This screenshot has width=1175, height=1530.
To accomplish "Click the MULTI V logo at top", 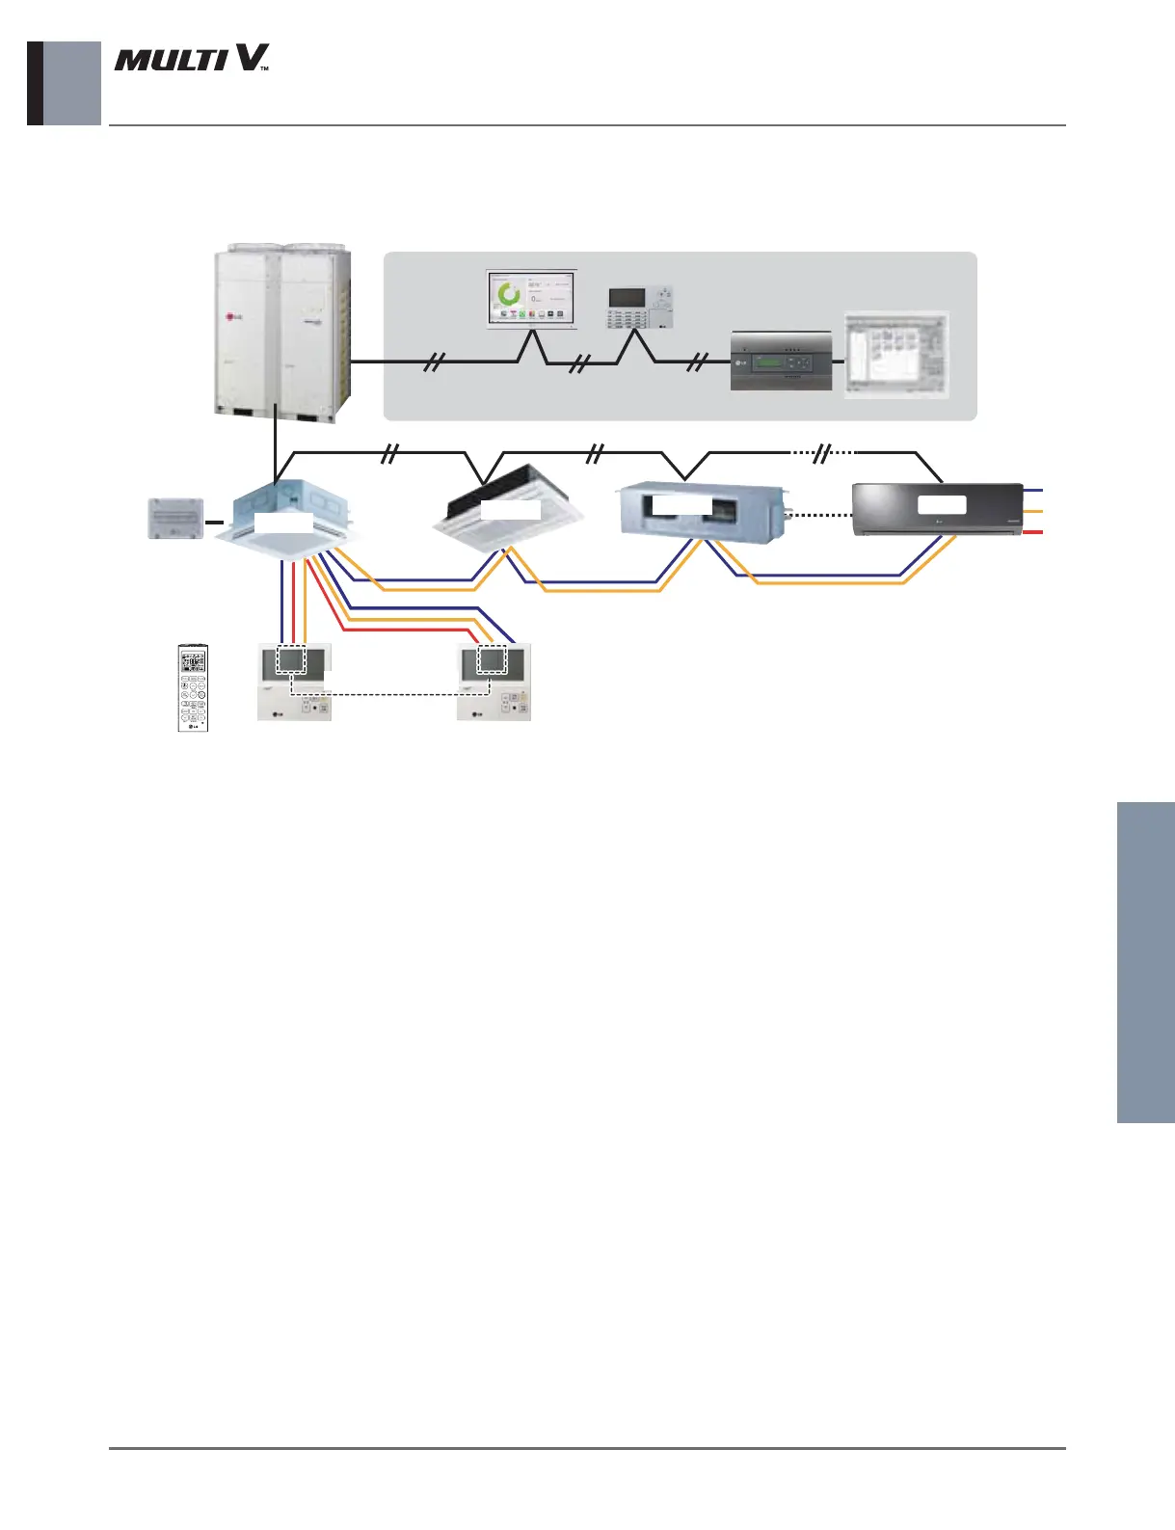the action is click(191, 59).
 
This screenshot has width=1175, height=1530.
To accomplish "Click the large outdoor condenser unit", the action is click(281, 334).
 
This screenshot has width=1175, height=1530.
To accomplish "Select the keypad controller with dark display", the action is click(639, 308).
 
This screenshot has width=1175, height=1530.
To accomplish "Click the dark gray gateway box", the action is click(781, 362).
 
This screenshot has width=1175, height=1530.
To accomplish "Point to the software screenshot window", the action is click(896, 354).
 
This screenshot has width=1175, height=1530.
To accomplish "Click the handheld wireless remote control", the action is click(193, 687).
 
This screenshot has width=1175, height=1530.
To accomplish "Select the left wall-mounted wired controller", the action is click(294, 683).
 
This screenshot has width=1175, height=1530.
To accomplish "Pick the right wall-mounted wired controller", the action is click(493, 683).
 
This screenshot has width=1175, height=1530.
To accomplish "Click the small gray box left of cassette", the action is click(175, 519).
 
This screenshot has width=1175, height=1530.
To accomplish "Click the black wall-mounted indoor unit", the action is click(938, 509).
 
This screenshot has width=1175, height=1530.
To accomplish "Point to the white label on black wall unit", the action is click(942, 504).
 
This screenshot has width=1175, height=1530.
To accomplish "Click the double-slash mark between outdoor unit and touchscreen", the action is click(436, 362).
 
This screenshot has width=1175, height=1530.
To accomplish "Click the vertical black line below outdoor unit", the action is click(276, 448).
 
